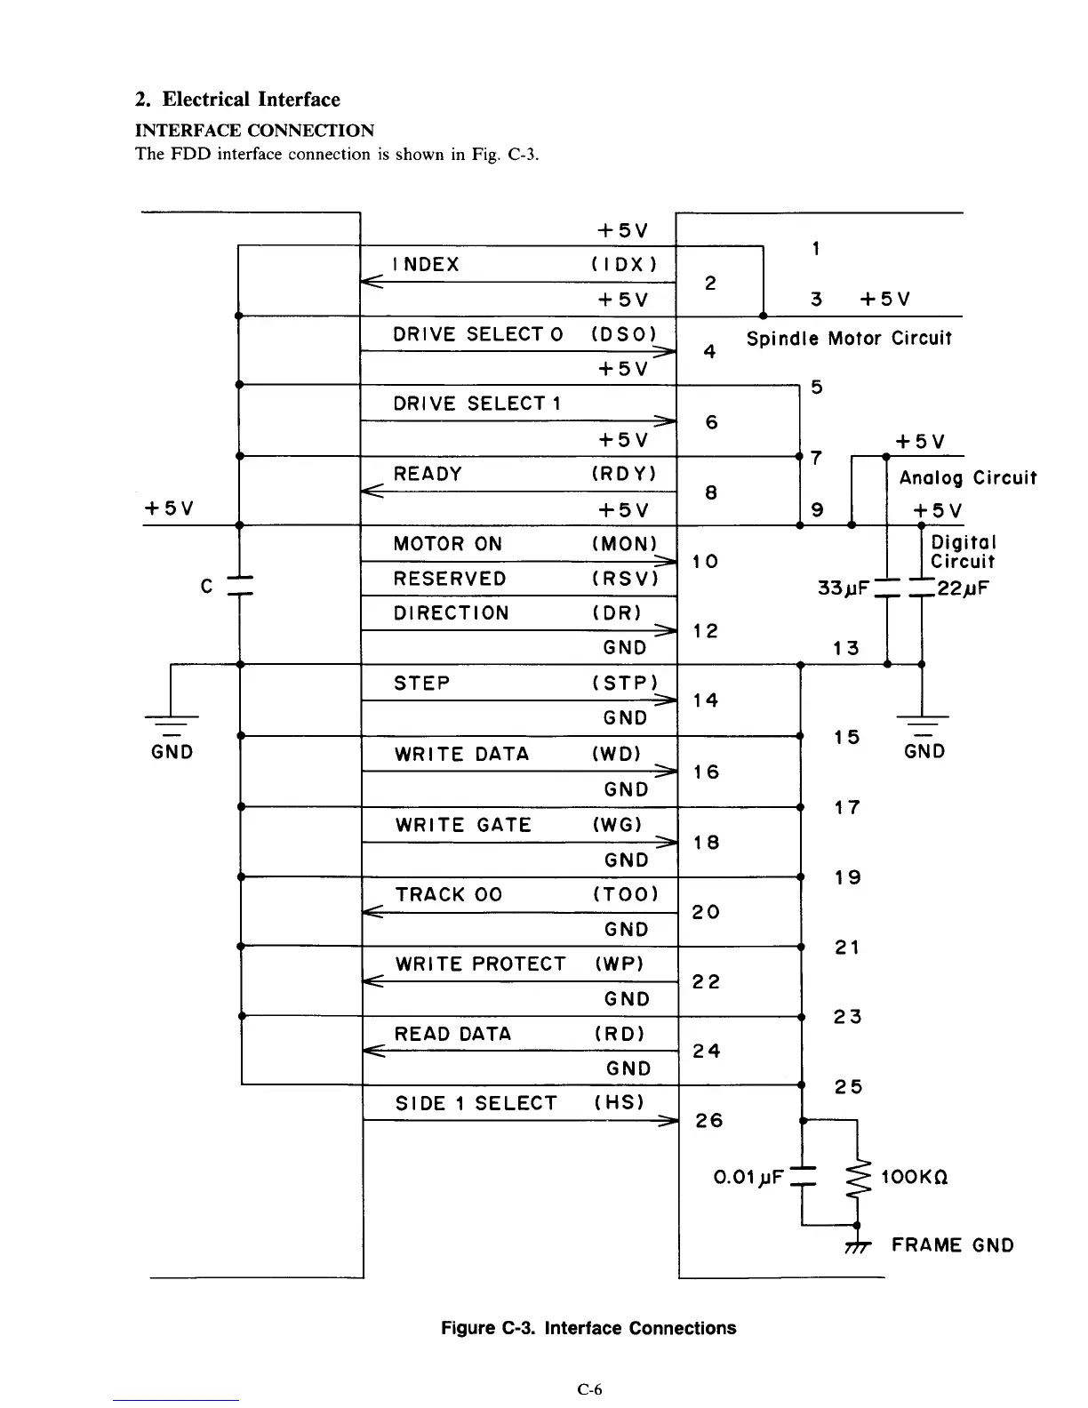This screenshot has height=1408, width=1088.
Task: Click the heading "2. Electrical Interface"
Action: pyautogui.click(x=237, y=100)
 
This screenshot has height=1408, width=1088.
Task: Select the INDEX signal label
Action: pyautogui.click(x=426, y=264)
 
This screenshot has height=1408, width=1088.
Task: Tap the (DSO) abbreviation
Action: pyautogui.click(x=623, y=334)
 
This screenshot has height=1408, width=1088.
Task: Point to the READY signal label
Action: pyautogui.click(x=428, y=474)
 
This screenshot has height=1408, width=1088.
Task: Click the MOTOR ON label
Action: pyautogui.click(x=447, y=544)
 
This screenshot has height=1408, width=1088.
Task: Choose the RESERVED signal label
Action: pyautogui.click(x=450, y=579)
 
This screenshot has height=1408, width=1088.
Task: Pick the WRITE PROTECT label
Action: pyautogui.click(x=480, y=964)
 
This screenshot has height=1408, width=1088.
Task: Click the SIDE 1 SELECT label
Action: pyautogui.click(x=476, y=1103)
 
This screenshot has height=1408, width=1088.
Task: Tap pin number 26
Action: pyautogui.click(x=709, y=1120)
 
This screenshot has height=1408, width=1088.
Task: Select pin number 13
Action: pyautogui.click(x=846, y=648)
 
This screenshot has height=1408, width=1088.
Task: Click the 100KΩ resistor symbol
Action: pyautogui.click(x=857, y=1178)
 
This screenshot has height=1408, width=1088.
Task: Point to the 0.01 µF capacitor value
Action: pyautogui.click(x=748, y=1178)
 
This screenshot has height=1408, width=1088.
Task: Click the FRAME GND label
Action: pyautogui.click(x=952, y=1245)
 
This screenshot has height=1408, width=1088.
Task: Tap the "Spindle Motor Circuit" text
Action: pyautogui.click(x=849, y=339)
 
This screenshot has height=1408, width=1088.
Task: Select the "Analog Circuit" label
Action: pyautogui.click(x=967, y=478)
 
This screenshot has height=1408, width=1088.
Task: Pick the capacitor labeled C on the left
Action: pyautogui.click(x=240, y=586)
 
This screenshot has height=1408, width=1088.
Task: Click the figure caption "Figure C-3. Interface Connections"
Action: pyautogui.click(x=588, y=1328)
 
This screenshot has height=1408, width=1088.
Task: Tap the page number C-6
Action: pyautogui.click(x=589, y=1389)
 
